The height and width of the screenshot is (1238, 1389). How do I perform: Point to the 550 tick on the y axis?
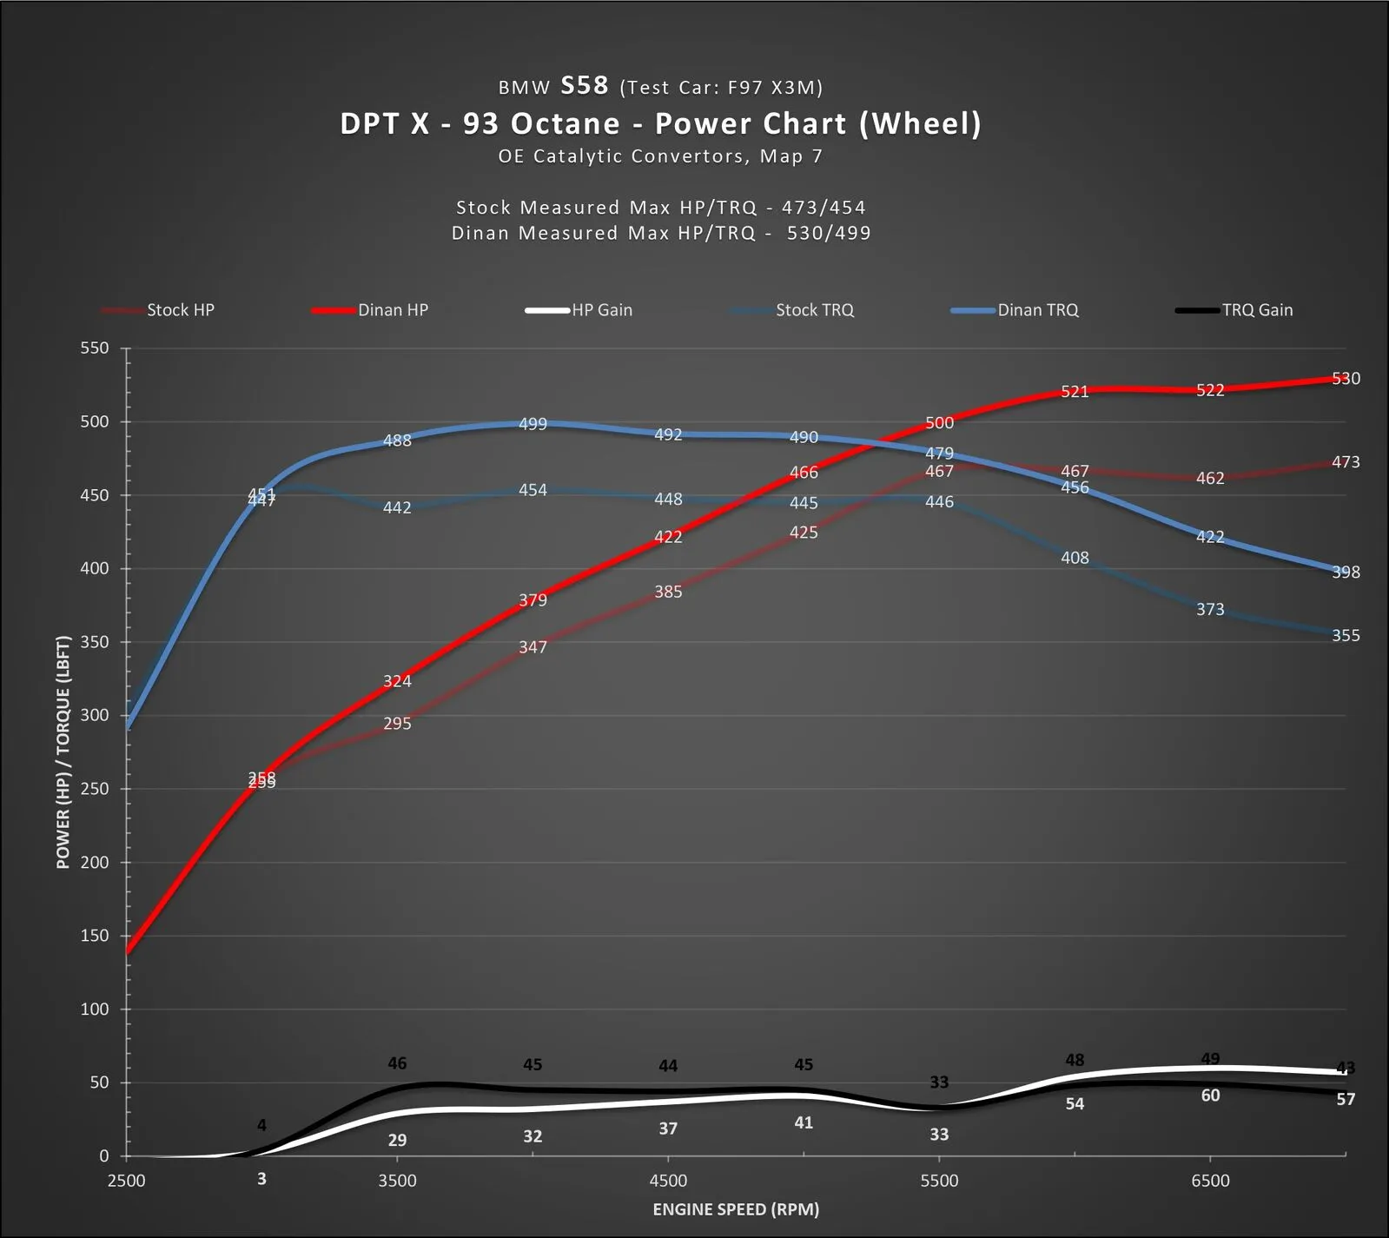click(95, 348)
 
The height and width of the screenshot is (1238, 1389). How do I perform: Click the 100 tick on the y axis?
click(95, 1010)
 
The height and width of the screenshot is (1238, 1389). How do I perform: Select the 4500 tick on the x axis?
click(668, 1181)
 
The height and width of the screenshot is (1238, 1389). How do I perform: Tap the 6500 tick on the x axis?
click(1210, 1181)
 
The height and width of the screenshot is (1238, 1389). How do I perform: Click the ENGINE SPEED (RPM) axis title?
click(736, 1209)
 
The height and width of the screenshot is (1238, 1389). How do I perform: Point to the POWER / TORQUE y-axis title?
click(63, 752)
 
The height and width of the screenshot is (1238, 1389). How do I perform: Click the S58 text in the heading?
click(585, 85)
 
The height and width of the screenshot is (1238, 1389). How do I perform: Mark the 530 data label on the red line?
click(1346, 379)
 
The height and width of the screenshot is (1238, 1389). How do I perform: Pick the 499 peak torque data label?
click(532, 424)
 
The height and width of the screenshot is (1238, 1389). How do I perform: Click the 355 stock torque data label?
click(1346, 636)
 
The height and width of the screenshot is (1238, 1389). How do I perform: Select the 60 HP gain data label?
click(1210, 1096)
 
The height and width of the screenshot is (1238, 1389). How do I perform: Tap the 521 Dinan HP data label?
click(1075, 392)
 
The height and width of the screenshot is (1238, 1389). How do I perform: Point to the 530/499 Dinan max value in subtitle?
click(829, 233)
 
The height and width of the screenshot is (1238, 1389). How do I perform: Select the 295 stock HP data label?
click(397, 724)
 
